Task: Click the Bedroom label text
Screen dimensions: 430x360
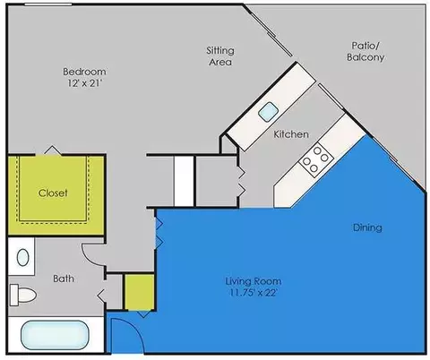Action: click(x=84, y=72)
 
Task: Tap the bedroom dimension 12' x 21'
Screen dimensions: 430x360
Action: click(x=85, y=83)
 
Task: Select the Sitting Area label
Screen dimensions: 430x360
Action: click(x=220, y=56)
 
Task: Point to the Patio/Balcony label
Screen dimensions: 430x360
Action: click(x=365, y=51)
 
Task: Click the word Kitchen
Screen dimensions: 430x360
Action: click(x=291, y=134)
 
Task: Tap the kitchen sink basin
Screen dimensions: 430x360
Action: click(x=269, y=112)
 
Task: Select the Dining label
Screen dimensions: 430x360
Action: click(x=367, y=227)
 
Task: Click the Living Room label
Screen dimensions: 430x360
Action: click(x=254, y=281)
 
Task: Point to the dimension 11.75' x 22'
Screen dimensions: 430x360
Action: click(x=254, y=293)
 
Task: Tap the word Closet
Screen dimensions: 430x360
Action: click(x=53, y=193)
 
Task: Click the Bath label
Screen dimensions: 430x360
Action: click(x=64, y=279)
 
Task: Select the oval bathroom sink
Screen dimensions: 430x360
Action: click(x=23, y=257)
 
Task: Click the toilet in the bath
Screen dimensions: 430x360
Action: click(x=22, y=295)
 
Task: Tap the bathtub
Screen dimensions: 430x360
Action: click(x=55, y=335)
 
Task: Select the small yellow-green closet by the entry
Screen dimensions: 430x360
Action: click(x=139, y=292)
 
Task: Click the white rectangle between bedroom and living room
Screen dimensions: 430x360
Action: click(x=184, y=181)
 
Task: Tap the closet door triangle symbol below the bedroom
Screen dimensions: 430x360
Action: click(x=53, y=150)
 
